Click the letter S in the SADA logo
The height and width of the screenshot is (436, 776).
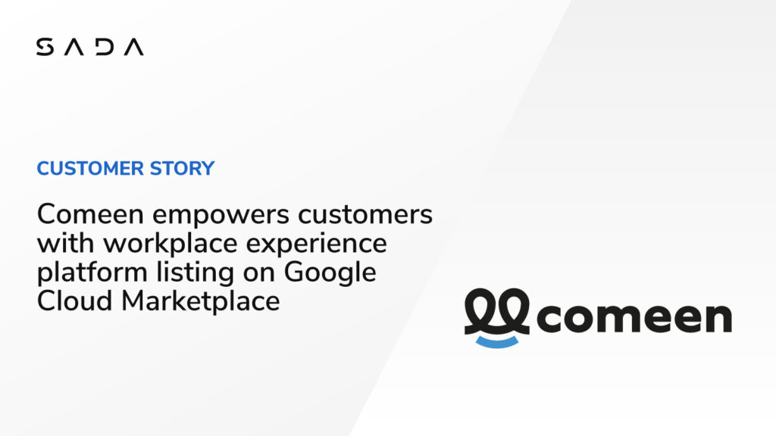click(45, 47)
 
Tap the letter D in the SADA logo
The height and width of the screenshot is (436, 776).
click(105, 47)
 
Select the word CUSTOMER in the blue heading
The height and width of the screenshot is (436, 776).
click(90, 169)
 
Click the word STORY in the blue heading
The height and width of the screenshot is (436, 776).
click(182, 169)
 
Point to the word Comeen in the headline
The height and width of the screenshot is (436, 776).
click(90, 214)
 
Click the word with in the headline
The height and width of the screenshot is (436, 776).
click(66, 243)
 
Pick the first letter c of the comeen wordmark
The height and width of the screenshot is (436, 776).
click(550, 317)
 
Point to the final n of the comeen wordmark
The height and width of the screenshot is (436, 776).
click(718, 317)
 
